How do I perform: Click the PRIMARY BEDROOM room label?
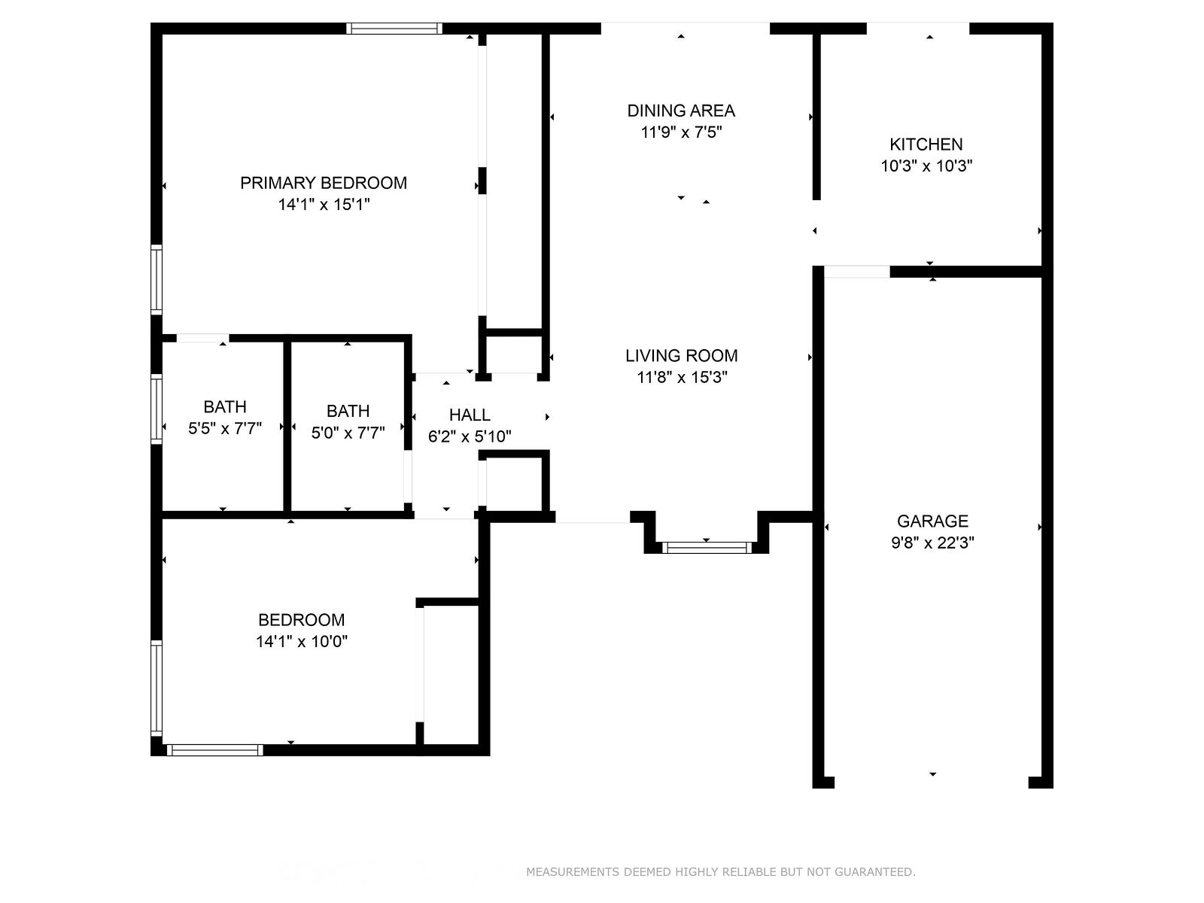pos(324,183)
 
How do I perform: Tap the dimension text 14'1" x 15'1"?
pos(324,205)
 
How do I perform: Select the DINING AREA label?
pos(681,111)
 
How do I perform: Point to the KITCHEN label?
pos(926,144)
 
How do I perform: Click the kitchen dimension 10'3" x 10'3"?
pos(926,166)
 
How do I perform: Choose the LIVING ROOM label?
pos(681,356)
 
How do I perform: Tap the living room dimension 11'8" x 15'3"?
pos(682,377)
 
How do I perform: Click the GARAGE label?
pos(932,521)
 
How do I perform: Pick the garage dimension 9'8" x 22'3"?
pos(932,543)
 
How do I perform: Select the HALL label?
pos(470,415)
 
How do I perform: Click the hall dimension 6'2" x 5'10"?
pos(470,436)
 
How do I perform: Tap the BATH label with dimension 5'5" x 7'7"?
pos(225,407)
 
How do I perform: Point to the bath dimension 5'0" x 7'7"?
pos(348,433)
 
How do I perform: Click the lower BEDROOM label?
pos(302,620)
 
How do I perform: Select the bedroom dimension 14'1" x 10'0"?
pos(302,641)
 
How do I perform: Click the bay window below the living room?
pos(707,547)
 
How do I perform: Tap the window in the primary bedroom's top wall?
pos(394,29)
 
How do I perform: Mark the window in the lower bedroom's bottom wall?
pos(215,750)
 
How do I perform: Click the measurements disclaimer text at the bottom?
pos(721,871)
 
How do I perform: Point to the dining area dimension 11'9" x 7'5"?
pos(681,132)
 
